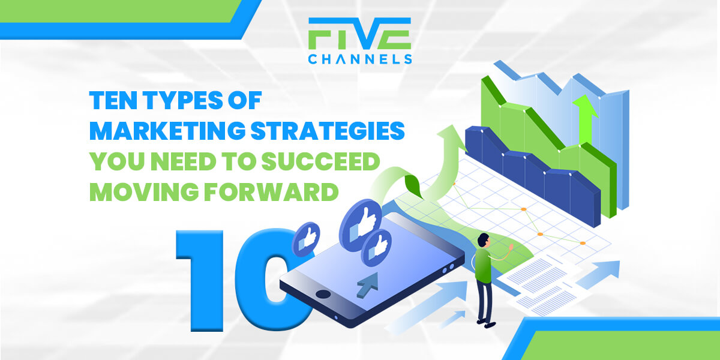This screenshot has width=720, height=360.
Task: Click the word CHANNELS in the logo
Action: pos(360,59)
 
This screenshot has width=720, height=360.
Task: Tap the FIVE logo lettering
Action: pos(359,34)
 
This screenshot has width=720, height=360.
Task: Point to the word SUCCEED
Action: pos(321,161)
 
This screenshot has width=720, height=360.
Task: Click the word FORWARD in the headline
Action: pos(271,192)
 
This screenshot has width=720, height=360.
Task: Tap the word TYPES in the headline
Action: pos(183,100)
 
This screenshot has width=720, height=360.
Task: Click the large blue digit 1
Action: pos(200,280)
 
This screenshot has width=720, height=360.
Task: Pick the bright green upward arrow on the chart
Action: pos(585,119)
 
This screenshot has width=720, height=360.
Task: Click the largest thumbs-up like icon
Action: pos(361,224)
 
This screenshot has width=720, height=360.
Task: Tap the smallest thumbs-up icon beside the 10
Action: pos(305,239)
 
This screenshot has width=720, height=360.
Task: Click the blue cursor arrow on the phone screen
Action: pos(368,284)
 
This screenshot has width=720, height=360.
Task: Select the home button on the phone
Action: pos(323,294)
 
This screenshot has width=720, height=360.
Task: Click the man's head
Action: pos(483,240)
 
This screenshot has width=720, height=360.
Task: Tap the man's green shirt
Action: pos(483,265)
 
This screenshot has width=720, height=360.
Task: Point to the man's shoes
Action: pos(487,323)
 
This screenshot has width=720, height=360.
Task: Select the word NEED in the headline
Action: pos(183,161)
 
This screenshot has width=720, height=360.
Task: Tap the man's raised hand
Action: pos(511,247)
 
